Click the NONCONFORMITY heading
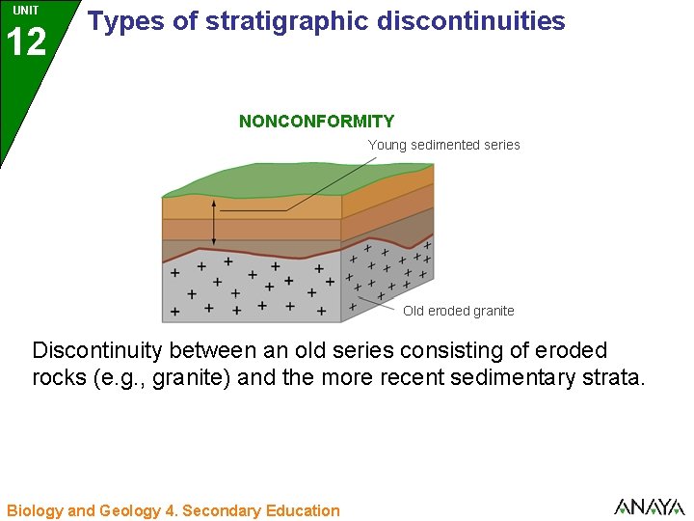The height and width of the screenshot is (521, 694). pos(316,122)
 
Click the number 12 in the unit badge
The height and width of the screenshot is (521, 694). pos(26,42)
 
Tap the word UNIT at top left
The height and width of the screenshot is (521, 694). pos(26,11)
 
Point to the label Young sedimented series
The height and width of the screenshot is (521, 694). pos(443,145)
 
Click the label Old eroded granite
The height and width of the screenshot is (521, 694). pos(458,311)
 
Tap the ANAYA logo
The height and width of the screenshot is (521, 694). pos(649,507)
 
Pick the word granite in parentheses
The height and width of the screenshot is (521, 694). pos(196,377)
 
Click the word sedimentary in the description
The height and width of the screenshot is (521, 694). pos(502,377)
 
